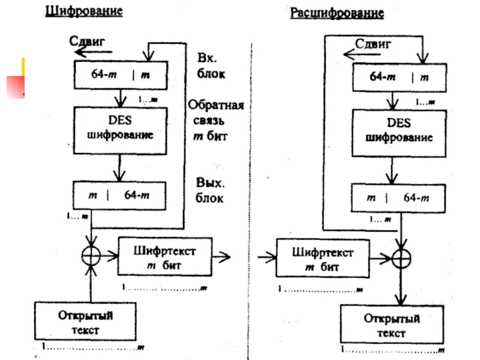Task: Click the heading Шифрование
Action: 84,12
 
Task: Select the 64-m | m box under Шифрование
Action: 120,76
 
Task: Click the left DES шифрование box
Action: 120,129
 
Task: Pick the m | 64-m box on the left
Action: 120,195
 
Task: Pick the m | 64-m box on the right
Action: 399,197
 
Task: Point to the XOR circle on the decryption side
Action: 401,259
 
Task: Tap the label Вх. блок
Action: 211,67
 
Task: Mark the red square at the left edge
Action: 15,86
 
